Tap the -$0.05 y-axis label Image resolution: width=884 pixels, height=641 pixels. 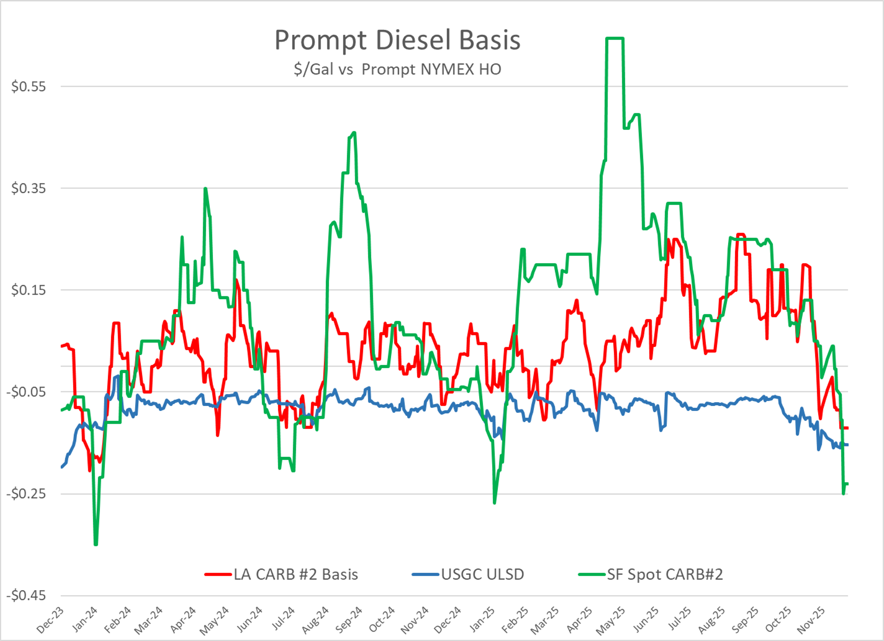pos(26,392)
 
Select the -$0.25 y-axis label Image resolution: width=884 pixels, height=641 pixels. pos(26,494)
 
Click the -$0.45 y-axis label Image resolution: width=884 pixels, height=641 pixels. pos(26,595)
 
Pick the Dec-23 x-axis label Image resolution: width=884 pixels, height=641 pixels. pos(50,620)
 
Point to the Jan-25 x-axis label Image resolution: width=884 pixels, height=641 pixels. pos(482,620)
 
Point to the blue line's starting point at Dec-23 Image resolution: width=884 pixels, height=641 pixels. pos(62,467)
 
